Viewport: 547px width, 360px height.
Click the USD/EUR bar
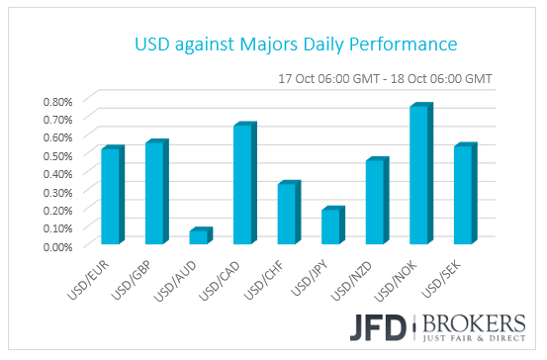coord(111,196)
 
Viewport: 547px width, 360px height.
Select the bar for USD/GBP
coord(155,193)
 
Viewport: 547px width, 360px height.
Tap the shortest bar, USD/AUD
coord(199,236)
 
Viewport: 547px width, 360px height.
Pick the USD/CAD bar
coord(243,184)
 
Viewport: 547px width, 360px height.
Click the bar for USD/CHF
coord(287,213)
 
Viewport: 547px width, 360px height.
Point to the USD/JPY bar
coord(330,226)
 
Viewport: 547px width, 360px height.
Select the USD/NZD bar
coord(375,201)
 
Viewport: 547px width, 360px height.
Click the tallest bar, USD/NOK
coord(418,174)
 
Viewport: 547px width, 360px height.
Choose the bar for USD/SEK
coord(463,195)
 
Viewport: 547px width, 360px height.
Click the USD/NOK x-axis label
coord(407,272)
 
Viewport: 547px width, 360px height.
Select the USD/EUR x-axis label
coord(99,272)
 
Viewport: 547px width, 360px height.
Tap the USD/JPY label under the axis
coord(319,272)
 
